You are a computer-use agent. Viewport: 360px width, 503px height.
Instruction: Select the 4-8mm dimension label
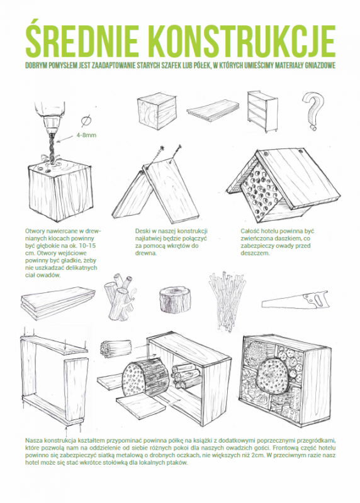[86, 135]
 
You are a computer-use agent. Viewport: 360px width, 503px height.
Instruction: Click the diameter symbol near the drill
[86, 121]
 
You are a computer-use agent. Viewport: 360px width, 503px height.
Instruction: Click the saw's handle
[317, 300]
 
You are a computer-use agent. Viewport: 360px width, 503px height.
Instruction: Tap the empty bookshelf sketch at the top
[262, 111]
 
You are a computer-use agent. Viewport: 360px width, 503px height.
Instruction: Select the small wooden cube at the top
[157, 111]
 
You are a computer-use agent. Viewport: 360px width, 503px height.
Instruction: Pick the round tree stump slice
[175, 299]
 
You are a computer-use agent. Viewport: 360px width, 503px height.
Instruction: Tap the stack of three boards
[59, 302]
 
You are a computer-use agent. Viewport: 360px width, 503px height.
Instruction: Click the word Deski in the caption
[142, 231]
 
